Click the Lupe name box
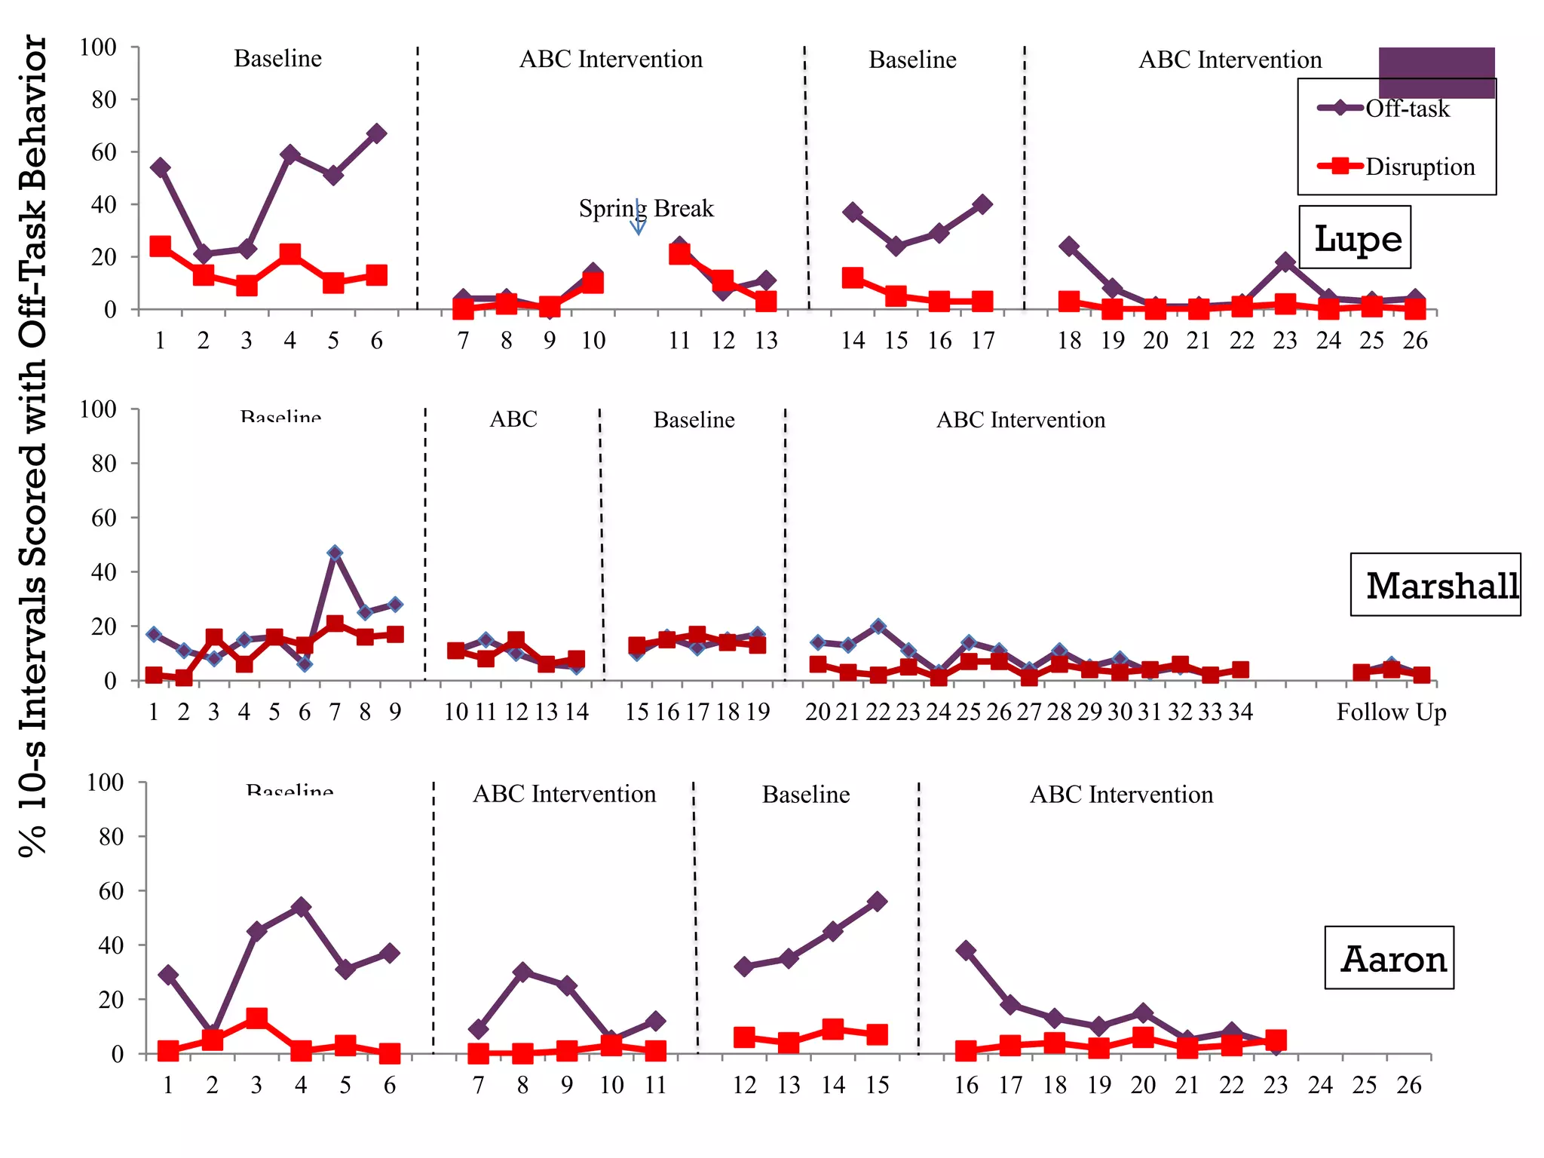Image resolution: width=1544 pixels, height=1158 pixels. (x=1355, y=237)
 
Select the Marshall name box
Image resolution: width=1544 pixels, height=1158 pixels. (x=1435, y=585)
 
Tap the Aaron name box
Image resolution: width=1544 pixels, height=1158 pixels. (x=1389, y=957)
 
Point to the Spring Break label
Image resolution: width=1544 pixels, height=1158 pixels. (x=646, y=208)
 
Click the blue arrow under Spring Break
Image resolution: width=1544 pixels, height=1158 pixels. (x=638, y=219)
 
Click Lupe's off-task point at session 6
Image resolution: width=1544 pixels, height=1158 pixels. (x=376, y=133)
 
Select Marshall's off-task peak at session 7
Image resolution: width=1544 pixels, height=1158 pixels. (x=335, y=553)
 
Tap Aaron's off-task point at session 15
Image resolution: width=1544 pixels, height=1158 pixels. (x=877, y=901)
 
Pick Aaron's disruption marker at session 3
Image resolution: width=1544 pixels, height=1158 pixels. (x=256, y=1019)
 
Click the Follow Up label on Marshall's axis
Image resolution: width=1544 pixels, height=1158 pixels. (x=1391, y=712)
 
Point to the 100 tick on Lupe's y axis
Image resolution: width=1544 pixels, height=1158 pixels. (x=98, y=47)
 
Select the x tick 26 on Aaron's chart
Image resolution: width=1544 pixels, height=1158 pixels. (x=1408, y=1085)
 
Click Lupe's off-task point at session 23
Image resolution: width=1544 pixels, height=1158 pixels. (x=1285, y=262)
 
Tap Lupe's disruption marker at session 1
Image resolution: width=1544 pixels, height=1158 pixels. (x=160, y=246)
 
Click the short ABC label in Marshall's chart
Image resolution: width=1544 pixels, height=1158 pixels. (x=513, y=419)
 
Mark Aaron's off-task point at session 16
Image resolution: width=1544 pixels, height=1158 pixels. (x=966, y=950)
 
